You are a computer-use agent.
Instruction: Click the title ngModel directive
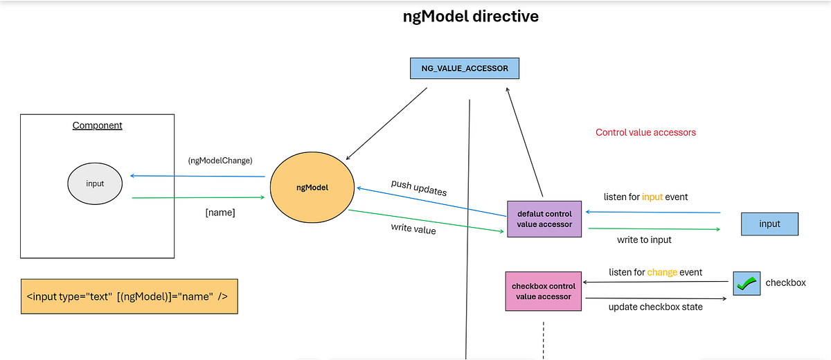471,17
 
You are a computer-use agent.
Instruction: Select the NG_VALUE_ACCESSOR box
465,68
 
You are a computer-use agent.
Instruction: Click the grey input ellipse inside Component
95,183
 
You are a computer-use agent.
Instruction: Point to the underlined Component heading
97,125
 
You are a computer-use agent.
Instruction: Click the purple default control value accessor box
544,219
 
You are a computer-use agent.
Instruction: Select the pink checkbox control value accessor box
544,291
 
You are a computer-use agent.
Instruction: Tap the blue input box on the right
769,224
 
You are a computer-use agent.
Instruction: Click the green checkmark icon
747,284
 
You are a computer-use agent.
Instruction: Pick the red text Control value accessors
645,132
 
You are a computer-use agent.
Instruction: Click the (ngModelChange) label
220,161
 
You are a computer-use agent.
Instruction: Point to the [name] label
220,213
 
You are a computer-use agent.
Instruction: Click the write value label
413,229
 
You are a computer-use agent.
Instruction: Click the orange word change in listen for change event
662,272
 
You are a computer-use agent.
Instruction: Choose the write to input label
644,240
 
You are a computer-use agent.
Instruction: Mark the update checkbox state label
655,307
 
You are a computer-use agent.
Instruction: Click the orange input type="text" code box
129,297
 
